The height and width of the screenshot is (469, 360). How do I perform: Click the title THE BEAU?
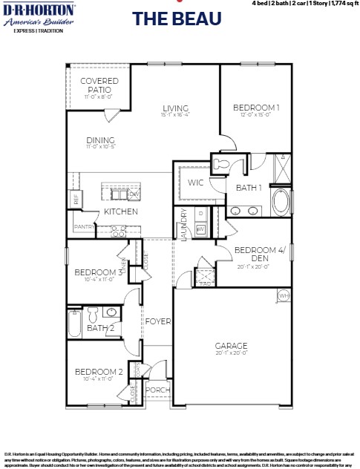coord(177,19)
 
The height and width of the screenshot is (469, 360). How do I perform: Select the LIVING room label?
coord(176,109)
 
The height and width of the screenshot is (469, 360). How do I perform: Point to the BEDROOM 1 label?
coord(255,108)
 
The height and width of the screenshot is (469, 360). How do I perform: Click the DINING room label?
coord(100,140)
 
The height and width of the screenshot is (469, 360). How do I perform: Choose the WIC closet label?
coord(195,183)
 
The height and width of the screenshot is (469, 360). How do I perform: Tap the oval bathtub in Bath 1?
coord(282,201)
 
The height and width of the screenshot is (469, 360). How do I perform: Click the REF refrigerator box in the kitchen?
coord(75,199)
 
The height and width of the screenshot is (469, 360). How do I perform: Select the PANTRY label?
coord(83,227)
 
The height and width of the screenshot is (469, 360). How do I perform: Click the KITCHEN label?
coord(120,212)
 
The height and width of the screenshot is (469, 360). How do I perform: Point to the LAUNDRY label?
coord(183,224)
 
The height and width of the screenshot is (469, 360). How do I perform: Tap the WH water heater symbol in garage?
coord(283,295)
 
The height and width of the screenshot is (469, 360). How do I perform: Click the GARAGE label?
coord(231,345)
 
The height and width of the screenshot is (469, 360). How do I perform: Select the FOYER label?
coord(158,321)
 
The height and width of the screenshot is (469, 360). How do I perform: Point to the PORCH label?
coord(157,389)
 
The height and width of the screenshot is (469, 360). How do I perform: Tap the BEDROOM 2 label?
coord(99,371)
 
